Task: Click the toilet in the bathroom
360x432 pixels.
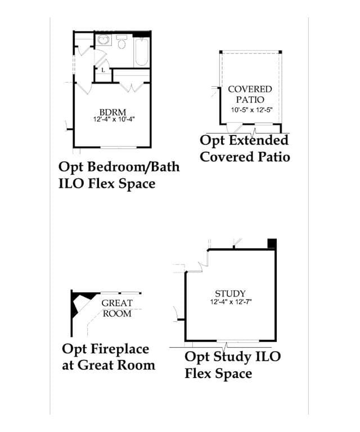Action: (x=121, y=42)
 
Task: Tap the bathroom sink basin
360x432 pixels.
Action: (x=103, y=40)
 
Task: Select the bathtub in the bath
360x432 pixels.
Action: (x=142, y=52)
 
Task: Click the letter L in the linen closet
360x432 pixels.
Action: (x=103, y=70)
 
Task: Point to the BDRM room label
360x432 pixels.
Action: (x=112, y=112)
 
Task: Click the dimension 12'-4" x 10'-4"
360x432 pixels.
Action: (x=114, y=119)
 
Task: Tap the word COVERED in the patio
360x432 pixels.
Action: (x=250, y=89)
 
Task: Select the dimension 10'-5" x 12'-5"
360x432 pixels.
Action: (x=251, y=110)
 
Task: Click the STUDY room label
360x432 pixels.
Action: (x=230, y=294)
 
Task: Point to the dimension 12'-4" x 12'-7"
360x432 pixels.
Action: (x=231, y=302)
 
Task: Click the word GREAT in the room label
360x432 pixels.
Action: (x=117, y=303)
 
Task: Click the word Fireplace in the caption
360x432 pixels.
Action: (x=120, y=350)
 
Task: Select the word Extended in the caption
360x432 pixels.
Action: (x=259, y=140)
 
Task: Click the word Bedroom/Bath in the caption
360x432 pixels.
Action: (x=134, y=167)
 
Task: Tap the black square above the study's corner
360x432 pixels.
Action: (x=272, y=243)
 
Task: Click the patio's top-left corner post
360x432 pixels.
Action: (x=220, y=52)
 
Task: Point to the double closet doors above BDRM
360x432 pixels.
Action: (x=132, y=87)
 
